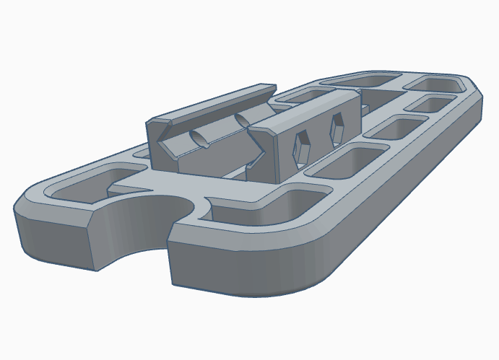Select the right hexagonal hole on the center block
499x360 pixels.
(337, 128)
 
